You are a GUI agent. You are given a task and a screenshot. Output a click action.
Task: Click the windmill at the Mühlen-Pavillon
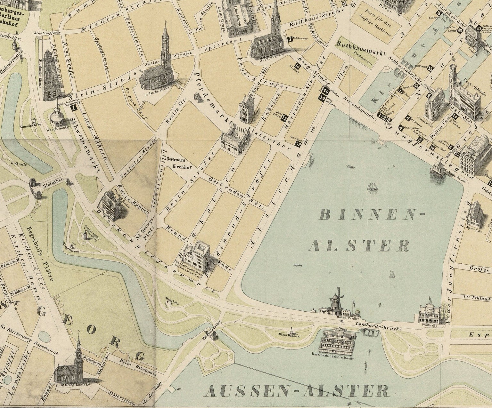[x=336, y=300]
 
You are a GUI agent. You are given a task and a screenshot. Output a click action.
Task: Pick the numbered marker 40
[x=326, y=91]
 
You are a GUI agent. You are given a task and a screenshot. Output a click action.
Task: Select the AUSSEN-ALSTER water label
[x=296, y=391]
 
